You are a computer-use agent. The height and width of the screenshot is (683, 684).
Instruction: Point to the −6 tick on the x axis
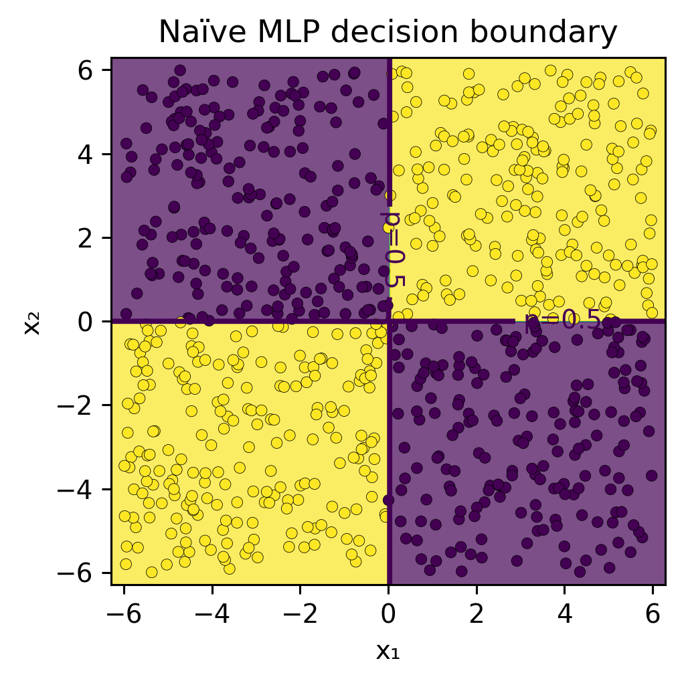point(124,615)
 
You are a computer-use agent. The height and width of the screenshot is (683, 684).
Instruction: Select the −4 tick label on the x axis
point(212,615)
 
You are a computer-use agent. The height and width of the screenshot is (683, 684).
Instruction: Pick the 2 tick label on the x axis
point(477,615)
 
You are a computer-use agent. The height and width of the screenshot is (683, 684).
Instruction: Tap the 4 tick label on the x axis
point(564,615)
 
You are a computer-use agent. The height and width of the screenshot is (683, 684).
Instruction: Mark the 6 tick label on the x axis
point(653,615)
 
